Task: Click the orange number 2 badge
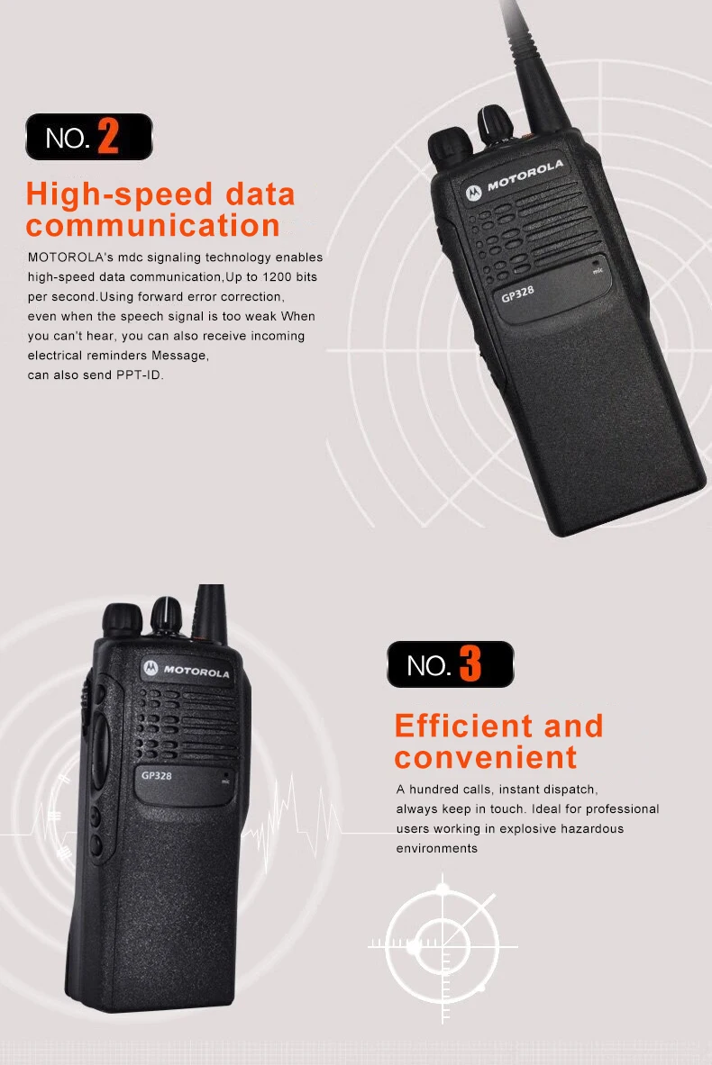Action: click(x=107, y=137)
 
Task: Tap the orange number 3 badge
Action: click(x=470, y=665)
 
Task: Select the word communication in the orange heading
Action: click(x=153, y=225)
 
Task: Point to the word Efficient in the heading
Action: click(x=463, y=726)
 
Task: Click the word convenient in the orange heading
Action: click(x=485, y=757)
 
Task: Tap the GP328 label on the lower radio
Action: click(x=158, y=775)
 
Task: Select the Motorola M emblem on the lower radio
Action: click(x=150, y=667)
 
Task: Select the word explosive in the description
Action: click(x=528, y=828)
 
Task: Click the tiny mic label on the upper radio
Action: click(x=597, y=269)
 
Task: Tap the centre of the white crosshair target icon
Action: click(x=443, y=943)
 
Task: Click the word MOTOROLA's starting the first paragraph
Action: click(x=65, y=257)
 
